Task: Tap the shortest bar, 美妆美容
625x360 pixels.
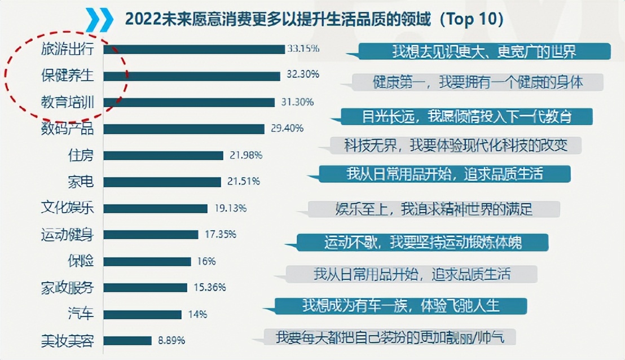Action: click(127, 341)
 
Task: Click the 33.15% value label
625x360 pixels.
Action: click(303, 49)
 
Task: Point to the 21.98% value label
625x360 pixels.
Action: click(246, 155)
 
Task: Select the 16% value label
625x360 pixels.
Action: click(206, 261)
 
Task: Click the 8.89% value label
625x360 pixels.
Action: click(171, 340)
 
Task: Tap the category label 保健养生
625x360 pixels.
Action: click(67, 75)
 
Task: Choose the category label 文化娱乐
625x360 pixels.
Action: click(67, 208)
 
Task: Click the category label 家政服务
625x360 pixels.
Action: click(67, 288)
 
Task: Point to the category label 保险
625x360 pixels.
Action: click(81, 261)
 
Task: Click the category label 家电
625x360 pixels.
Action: click(81, 182)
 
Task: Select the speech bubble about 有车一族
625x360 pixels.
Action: click(400, 306)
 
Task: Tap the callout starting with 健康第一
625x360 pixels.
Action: click(477, 82)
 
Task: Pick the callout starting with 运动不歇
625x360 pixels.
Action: click(422, 243)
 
